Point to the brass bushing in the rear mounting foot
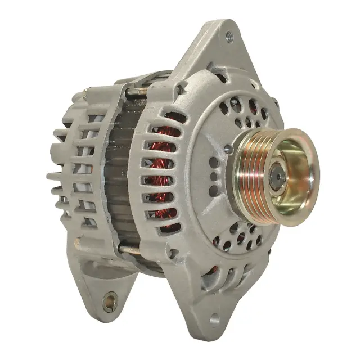[109, 302]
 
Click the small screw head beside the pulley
[227, 149]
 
